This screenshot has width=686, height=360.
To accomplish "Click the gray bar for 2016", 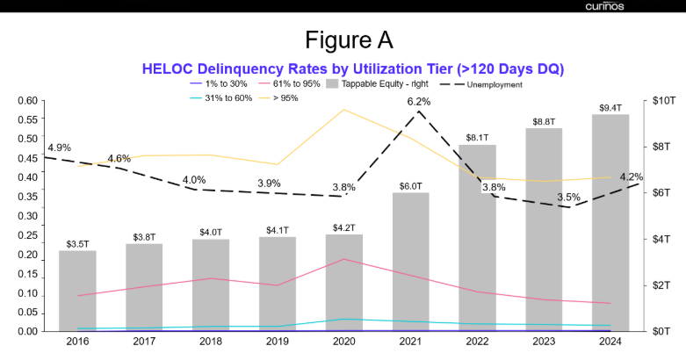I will (77, 291).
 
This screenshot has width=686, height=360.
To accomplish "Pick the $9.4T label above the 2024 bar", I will (610, 107).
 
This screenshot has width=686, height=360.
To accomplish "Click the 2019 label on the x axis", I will (277, 342).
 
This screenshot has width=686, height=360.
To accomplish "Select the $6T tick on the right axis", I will (660, 192).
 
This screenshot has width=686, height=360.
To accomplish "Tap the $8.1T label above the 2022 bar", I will (477, 138).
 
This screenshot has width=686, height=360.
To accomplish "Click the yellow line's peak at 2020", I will (343, 110).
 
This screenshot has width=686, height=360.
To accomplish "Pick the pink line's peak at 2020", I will (343, 259).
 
